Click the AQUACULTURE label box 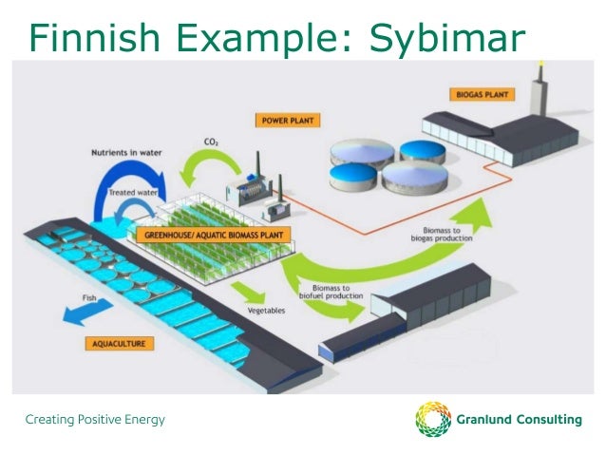click(x=119, y=343)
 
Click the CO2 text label click(x=211, y=143)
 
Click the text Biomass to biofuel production click(x=333, y=291)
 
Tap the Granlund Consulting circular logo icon click(x=433, y=419)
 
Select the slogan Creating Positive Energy click(x=95, y=418)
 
